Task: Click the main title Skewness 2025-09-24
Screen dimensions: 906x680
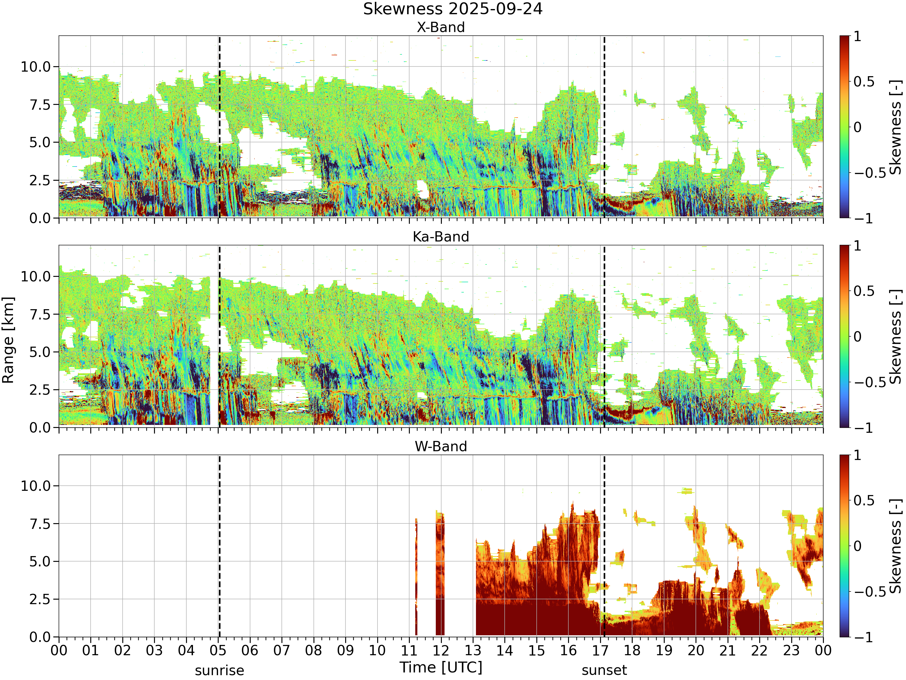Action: click(x=453, y=9)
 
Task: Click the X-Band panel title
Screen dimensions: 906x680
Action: click(x=441, y=28)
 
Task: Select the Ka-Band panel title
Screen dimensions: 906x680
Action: click(x=441, y=237)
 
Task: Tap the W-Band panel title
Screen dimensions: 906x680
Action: click(x=441, y=446)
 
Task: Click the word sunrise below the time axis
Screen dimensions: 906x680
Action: click(x=220, y=671)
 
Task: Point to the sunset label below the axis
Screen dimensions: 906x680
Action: click(x=604, y=670)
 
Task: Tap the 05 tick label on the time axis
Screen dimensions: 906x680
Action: click(x=218, y=650)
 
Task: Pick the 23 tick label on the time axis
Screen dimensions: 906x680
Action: click(x=791, y=650)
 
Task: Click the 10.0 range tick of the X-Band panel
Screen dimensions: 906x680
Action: click(x=36, y=67)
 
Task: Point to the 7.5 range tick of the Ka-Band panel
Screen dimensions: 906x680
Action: click(x=40, y=314)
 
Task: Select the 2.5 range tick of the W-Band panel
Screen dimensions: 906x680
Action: click(x=40, y=599)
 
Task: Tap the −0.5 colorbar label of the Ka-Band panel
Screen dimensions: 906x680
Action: click(x=869, y=382)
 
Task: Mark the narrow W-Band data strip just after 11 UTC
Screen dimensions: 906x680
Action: click(x=416, y=577)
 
